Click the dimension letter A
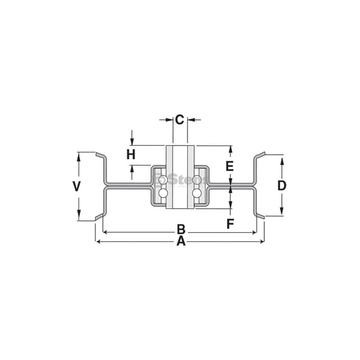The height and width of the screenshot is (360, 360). click(x=180, y=242)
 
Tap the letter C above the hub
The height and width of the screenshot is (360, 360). click(x=180, y=120)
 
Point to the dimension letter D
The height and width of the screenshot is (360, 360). click(x=281, y=185)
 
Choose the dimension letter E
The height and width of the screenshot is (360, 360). click(x=229, y=166)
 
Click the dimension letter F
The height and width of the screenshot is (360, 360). click(x=230, y=224)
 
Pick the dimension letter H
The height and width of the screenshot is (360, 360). click(x=131, y=155)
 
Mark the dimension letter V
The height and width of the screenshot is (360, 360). click(x=77, y=186)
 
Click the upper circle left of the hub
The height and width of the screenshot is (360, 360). click(x=163, y=180)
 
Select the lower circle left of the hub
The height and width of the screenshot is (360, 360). click(x=163, y=193)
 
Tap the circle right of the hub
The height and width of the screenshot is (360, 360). click(x=197, y=193)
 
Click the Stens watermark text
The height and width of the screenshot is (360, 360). click(x=184, y=180)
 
